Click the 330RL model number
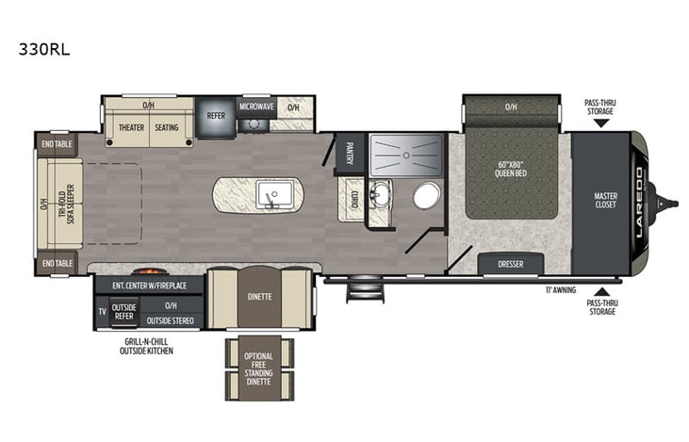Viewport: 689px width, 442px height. (x=43, y=50)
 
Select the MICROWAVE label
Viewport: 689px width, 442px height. (x=255, y=106)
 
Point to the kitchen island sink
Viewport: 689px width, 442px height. (x=271, y=195)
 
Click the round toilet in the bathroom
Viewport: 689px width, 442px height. (x=426, y=196)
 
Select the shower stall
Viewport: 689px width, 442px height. (x=405, y=154)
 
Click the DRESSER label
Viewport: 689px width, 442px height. (x=510, y=265)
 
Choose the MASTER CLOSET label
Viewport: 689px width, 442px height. (x=605, y=202)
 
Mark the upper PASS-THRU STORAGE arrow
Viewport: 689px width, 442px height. (x=601, y=123)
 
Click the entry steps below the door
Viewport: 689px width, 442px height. (x=360, y=290)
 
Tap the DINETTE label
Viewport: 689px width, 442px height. (x=259, y=296)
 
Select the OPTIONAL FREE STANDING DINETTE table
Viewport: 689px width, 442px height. (x=259, y=368)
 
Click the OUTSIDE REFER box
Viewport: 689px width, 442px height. (x=124, y=311)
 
